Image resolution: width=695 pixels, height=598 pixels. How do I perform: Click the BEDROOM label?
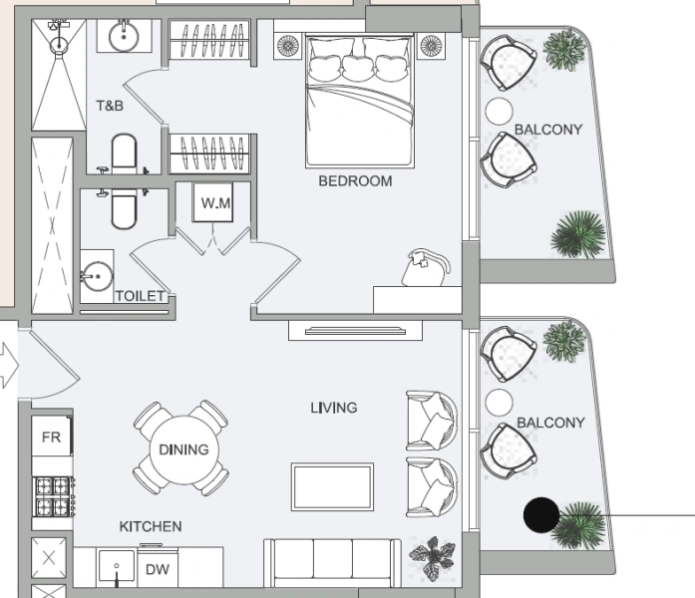pyautogui.click(x=355, y=181)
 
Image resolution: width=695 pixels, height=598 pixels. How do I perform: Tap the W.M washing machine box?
pyautogui.click(x=215, y=204)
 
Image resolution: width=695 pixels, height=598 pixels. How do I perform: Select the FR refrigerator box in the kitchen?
pyautogui.click(x=51, y=438)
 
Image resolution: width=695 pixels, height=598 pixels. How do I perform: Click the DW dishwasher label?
pyautogui.click(x=157, y=570)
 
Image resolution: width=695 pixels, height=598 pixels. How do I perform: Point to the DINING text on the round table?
pyautogui.click(x=183, y=449)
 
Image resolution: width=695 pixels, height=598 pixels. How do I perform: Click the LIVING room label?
pyautogui.click(x=333, y=408)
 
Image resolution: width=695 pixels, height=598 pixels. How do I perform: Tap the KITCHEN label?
pyautogui.click(x=151, y=526)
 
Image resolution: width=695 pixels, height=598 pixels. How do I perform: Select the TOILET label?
pyautogui.click(x=140, y=296)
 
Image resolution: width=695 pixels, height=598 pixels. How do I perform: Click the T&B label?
pyautogui.click(x=110, y=105)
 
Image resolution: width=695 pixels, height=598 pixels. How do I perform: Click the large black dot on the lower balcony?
pyautogui.click(x=541, y=514)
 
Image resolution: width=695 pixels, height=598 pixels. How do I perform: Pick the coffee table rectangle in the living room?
pyautogui.click(x=332, y=488)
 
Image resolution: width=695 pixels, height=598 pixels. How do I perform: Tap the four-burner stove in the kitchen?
pyautogui.click(x=55, y=495)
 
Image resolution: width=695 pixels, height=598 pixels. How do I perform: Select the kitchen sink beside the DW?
pyautogui.click(x=118, y=569)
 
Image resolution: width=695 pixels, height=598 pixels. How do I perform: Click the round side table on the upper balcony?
pyautogui.click(x=498, y=111)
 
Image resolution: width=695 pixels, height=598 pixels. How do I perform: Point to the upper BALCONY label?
pyautogui.click(x=548, y=130)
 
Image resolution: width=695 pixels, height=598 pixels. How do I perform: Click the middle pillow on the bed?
pyautogui.click(x=357, y=67)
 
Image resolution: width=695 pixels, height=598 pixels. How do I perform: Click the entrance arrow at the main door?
pyautogui.click(x=7, y=366)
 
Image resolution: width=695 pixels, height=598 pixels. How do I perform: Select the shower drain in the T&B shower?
pyautogui.click(x=59, y=43)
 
